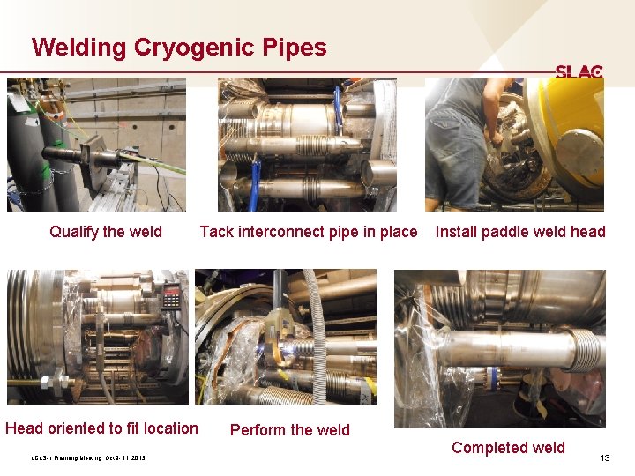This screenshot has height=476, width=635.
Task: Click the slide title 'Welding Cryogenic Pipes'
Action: coord(178,47)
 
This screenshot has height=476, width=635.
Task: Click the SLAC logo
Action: coord(579,71)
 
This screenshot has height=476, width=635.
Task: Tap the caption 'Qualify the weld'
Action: coord(106,232)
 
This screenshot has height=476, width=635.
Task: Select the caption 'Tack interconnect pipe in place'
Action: coord(309,232)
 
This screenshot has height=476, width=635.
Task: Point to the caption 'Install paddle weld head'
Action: coord(520,232)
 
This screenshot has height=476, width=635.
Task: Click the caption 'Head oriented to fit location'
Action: coord(101,428)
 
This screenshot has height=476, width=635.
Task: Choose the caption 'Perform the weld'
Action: coord(289,430)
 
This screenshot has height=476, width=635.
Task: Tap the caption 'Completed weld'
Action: coord(508,448)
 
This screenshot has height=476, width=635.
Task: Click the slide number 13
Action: coord(605,457)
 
